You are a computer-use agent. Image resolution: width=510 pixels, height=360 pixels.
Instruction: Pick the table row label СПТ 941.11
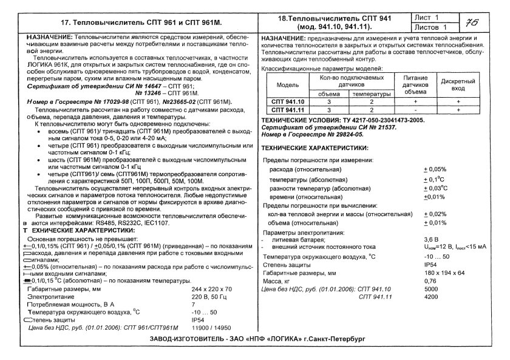coord(288,110)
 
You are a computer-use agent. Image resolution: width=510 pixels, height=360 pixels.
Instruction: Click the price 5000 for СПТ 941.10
coord(430,288)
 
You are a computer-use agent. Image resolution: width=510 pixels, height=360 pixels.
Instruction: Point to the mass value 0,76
coord(430,280)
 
